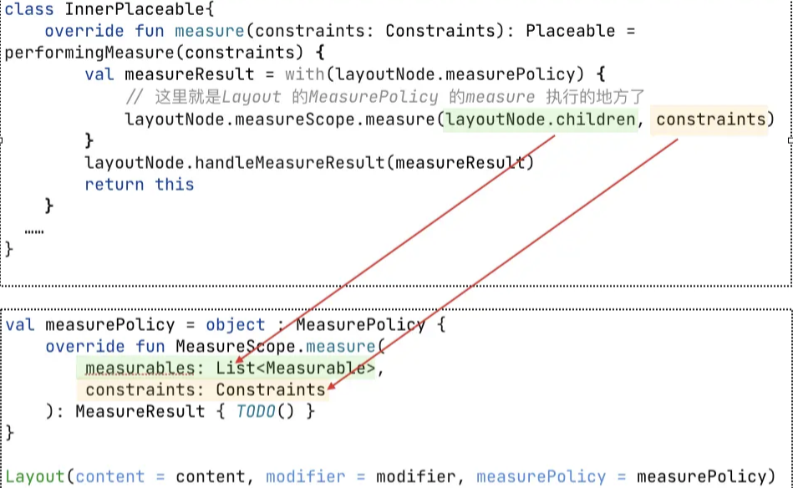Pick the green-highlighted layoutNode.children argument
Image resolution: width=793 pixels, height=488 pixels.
point(540,119)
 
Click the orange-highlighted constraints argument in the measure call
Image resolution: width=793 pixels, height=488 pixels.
point(710,119)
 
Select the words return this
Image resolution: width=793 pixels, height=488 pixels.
point(139,184)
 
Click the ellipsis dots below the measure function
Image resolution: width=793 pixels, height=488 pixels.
point(34,228)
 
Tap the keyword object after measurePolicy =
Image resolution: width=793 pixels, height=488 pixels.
point(235,324)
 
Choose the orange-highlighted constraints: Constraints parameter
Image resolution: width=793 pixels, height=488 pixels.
point(205,389)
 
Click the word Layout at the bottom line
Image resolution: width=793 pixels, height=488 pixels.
point(35,476)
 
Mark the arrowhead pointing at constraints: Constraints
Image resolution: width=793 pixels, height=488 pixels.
point(331,388)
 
